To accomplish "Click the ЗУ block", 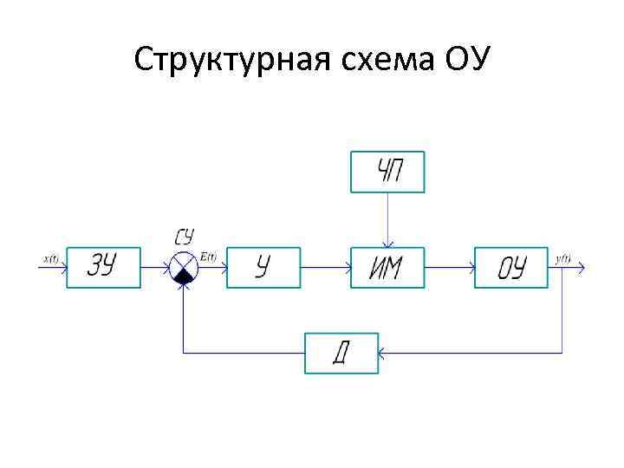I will click(103, 268).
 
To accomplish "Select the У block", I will click(263, 268).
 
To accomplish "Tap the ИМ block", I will click(387, 268).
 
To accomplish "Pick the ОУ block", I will click(511, 268).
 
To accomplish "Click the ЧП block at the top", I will click(387, 172).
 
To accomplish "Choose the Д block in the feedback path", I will click(341, 353).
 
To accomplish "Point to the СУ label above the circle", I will click(184, 237).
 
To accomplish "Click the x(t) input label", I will click(49, 258).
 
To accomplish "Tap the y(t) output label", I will click(562, 258).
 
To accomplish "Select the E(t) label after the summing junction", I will click(208, 257).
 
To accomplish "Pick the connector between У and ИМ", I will click(325, 268).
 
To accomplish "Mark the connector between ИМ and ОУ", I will click(449, 268).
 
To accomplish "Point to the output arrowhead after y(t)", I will click(582, 268).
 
